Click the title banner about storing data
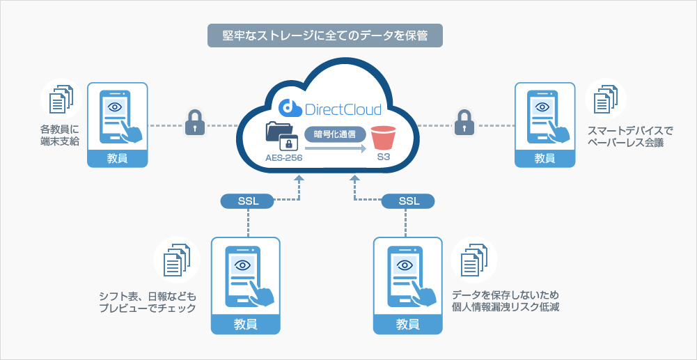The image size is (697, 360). point(325,36)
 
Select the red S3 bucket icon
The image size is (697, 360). point(383,137)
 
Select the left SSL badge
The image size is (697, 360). point(249,201)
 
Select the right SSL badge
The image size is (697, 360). point(409,201)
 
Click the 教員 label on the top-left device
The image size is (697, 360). point(118,158)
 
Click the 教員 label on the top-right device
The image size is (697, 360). point(545,158)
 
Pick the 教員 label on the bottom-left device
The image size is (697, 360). point(245,324)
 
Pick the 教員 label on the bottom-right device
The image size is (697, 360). point(408,324)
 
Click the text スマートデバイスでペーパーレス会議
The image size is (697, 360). point(625,137)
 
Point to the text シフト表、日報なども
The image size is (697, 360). point(148,296)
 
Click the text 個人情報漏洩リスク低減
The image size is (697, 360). point(506,306)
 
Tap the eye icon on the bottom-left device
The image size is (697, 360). point(242,265)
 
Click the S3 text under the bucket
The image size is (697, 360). point(384,158)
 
